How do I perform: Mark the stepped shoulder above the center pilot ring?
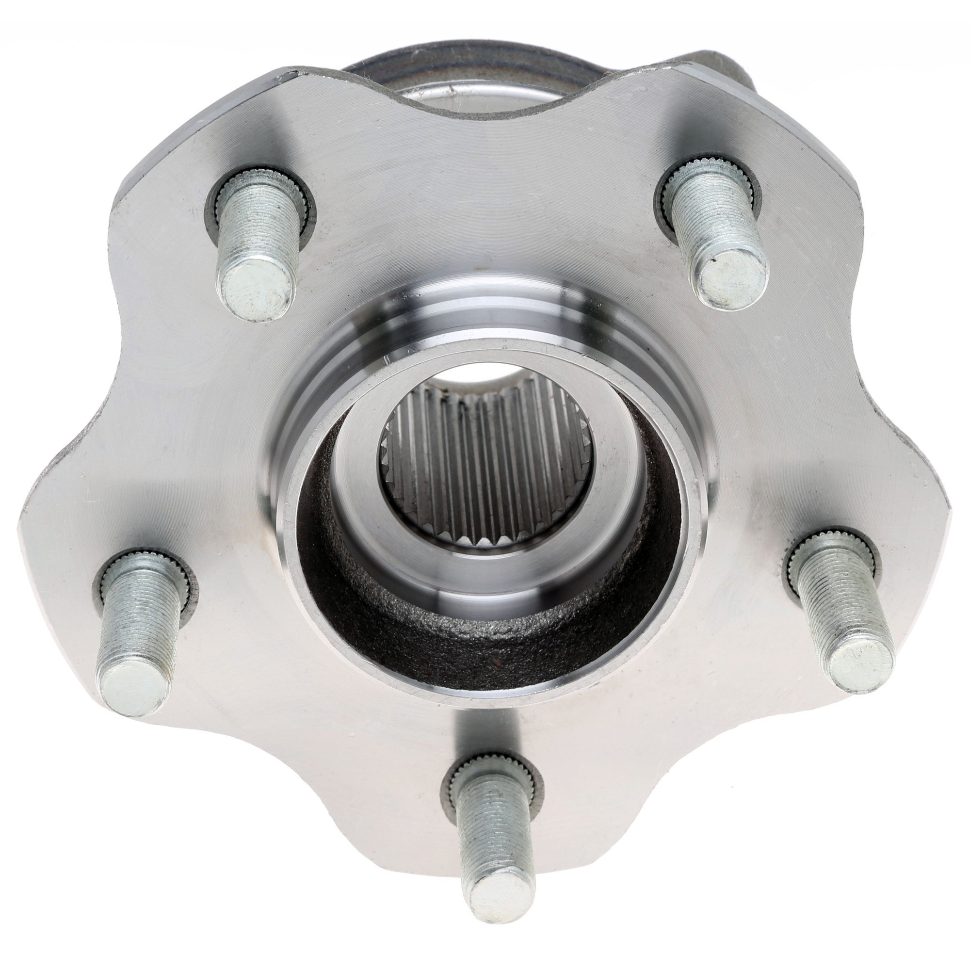tap(482, 311)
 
